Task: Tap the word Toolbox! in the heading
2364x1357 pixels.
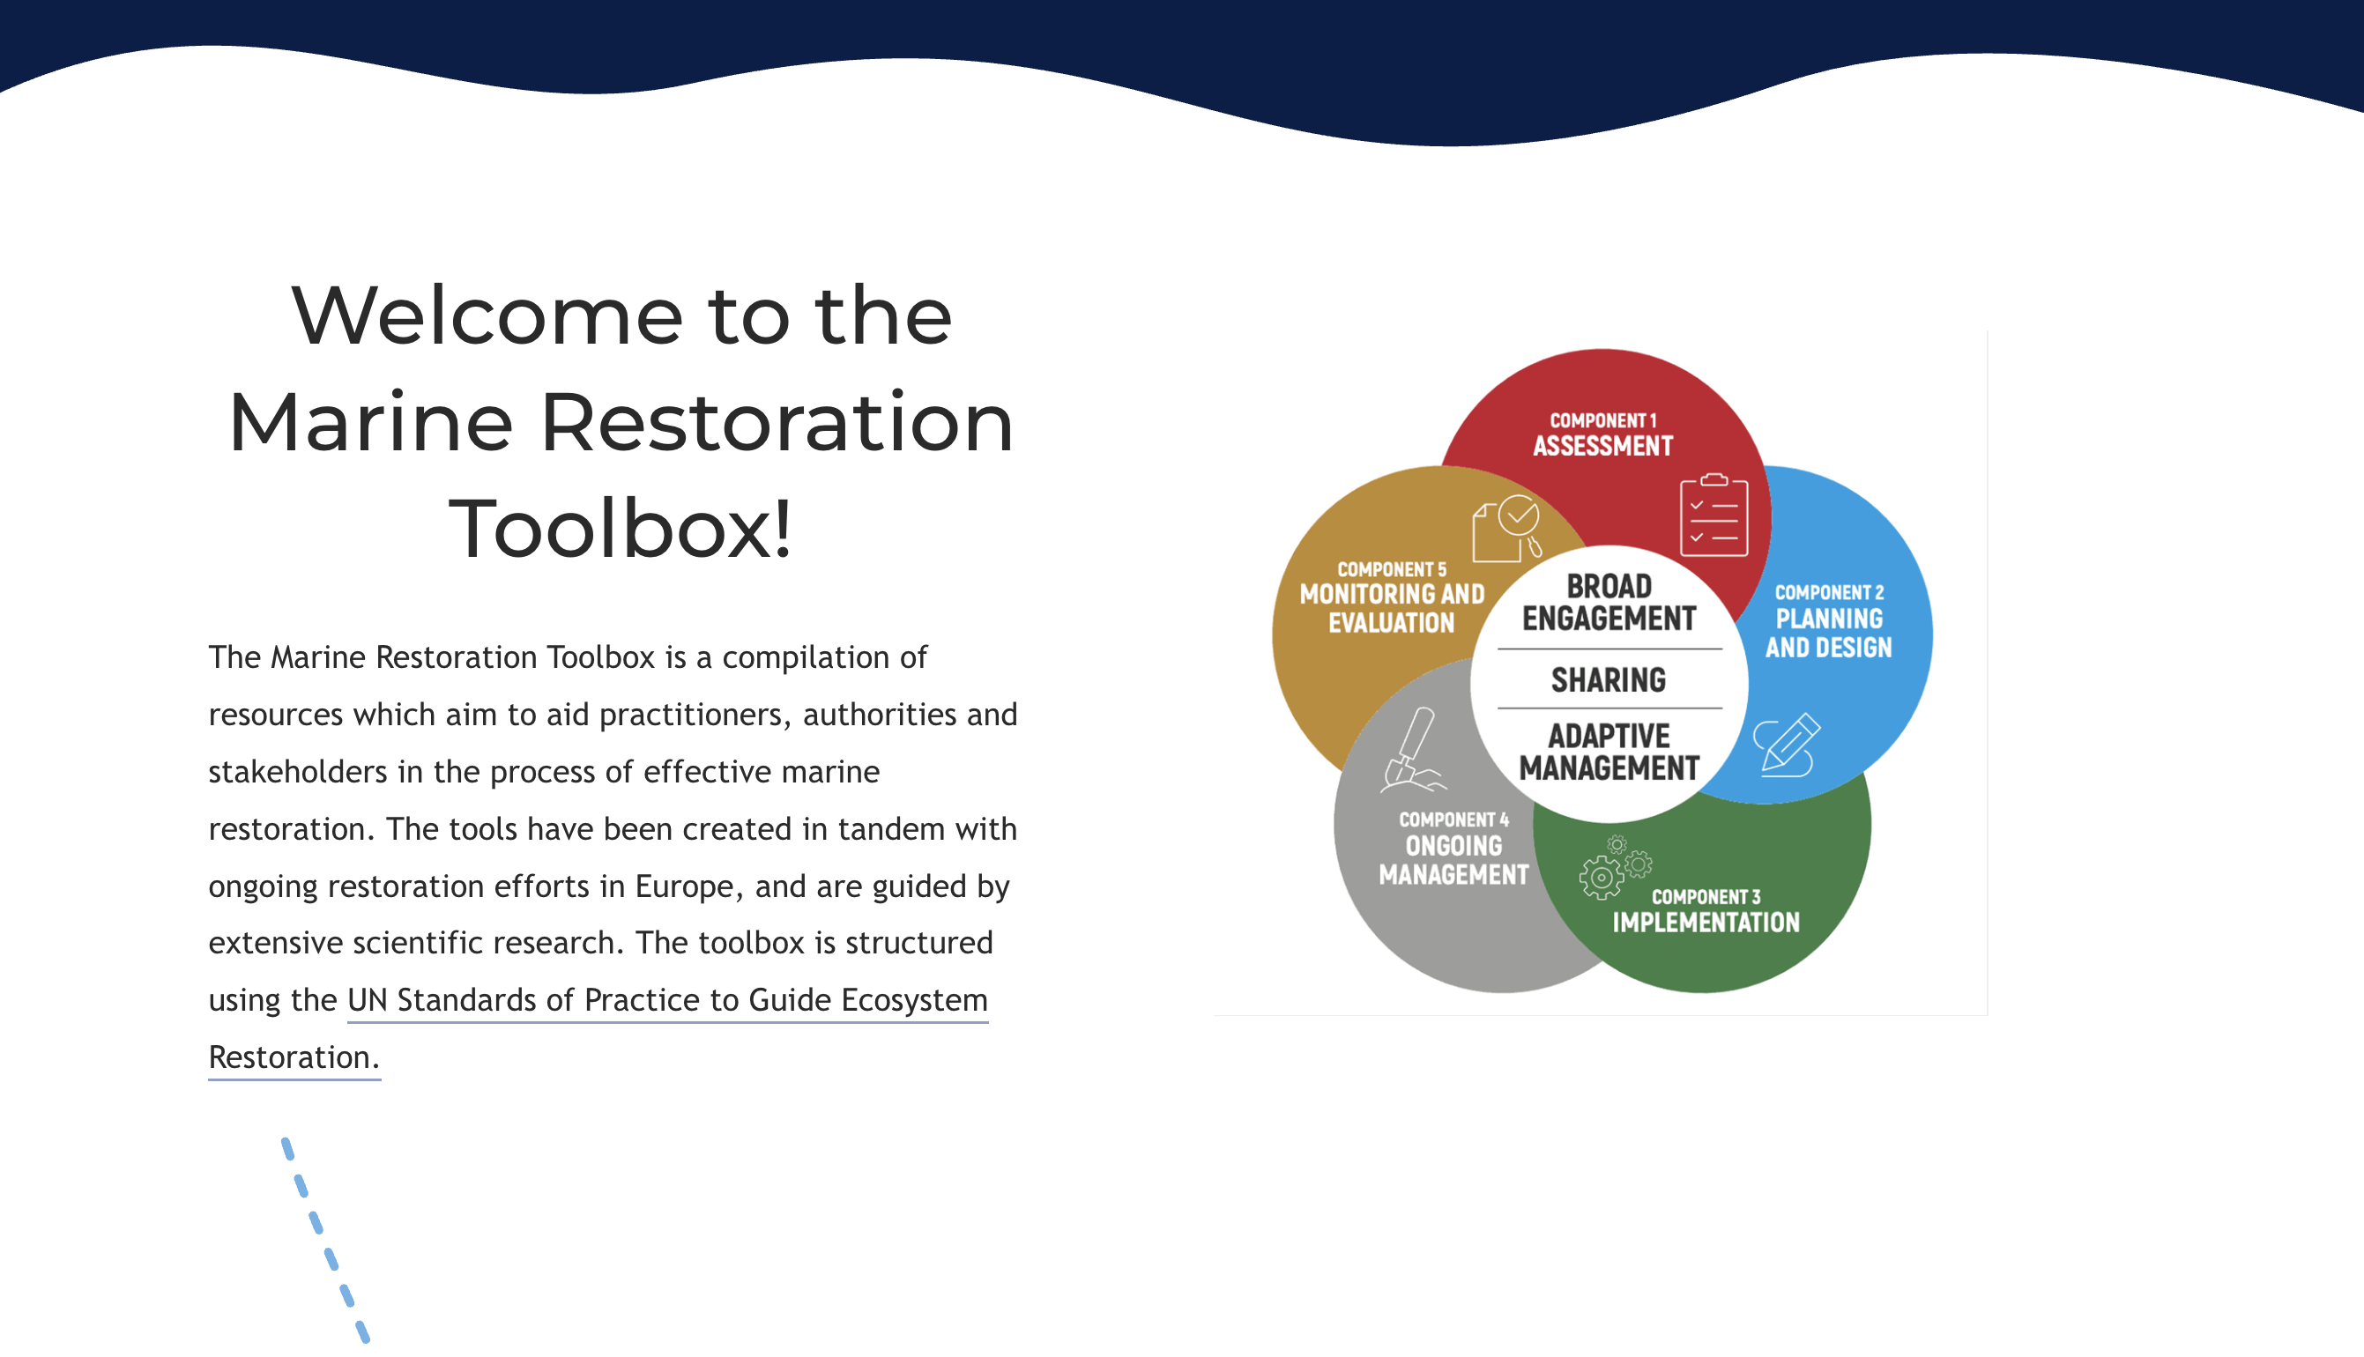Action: pos(621,529)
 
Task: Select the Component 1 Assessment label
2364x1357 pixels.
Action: pos(1603,435)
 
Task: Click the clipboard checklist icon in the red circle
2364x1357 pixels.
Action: pos(1714,515)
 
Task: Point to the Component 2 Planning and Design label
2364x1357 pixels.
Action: pos(1829,621)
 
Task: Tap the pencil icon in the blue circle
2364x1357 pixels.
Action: pos(1786,745)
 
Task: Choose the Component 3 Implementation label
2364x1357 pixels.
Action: pos(1706,910)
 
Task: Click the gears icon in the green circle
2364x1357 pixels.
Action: pos(1616,868)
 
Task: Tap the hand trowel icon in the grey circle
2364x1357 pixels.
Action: pos(1411,750)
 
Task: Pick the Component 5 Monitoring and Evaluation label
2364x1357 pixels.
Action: pos(1392,597)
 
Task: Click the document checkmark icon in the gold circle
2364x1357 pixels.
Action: pos(1507,529)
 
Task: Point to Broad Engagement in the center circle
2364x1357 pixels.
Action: pos(1609,602)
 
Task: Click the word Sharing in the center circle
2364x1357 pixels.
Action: pos(1608,680)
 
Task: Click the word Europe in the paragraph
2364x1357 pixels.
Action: pos(684,886)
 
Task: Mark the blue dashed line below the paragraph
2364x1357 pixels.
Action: pos(325,1241)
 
